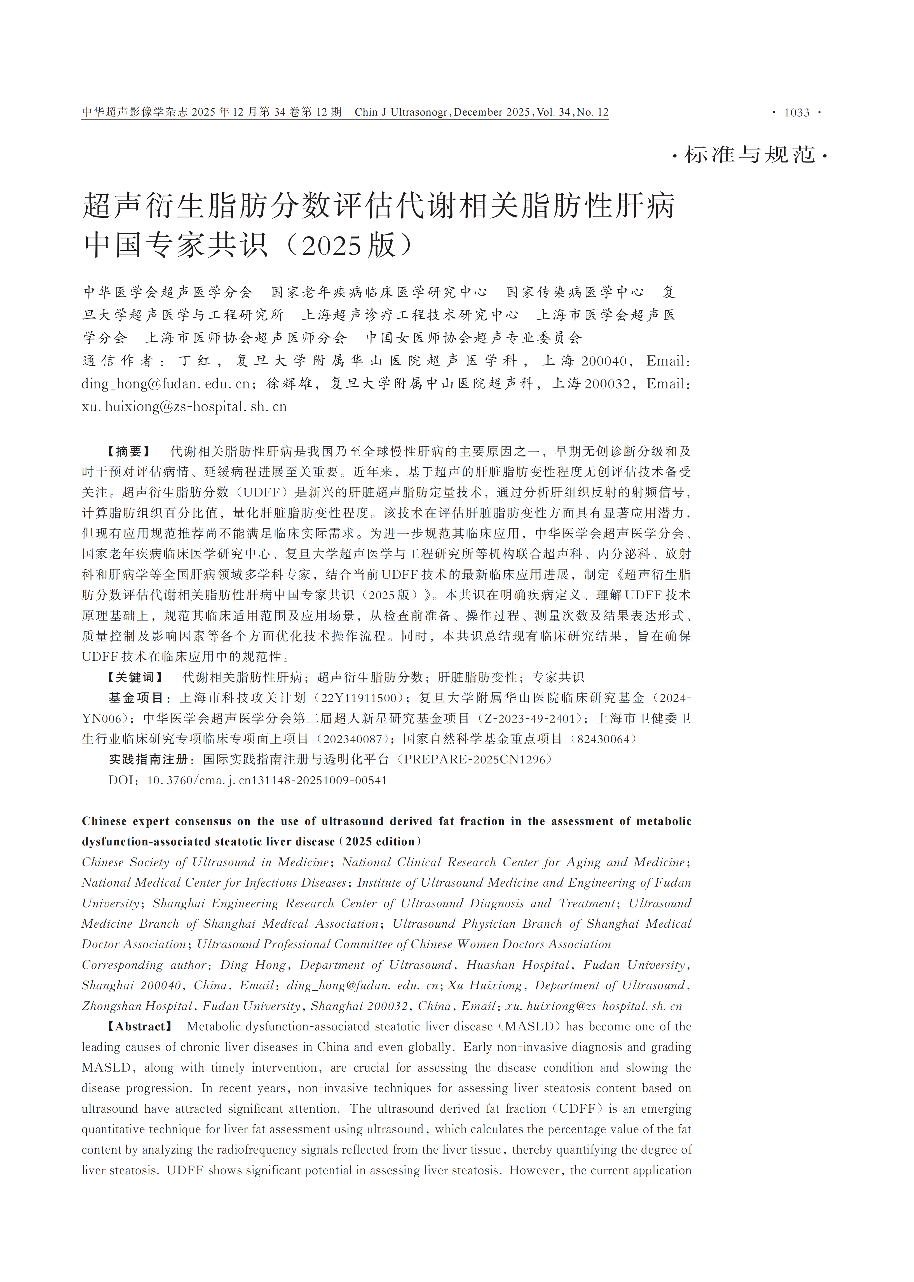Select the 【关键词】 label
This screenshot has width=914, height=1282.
[135, 677]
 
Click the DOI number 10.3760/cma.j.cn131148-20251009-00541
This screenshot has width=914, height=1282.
[267, 780]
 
